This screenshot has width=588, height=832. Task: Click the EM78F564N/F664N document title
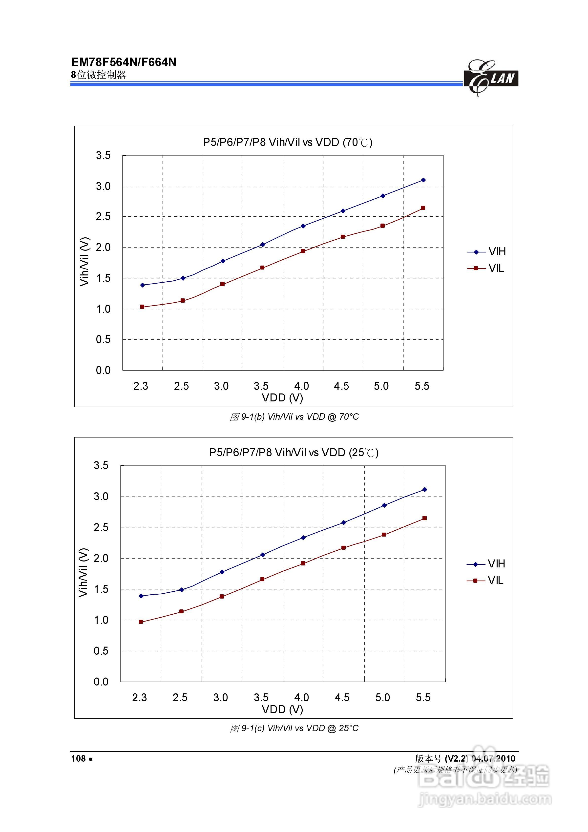pyautogui.click(x=124, y=62)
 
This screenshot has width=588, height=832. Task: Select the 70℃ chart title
pyautogui.click(x=288, y=142)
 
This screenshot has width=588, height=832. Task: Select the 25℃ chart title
pyautogui.click(x=294, y=453)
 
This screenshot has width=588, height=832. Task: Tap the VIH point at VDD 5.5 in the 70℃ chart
pyautogui.click(x=423, y=180)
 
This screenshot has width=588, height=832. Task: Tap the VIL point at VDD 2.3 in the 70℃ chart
pyautogui.click(x=142, y=307)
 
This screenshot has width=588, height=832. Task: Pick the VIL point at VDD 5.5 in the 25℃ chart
pyautogui.click(x=424, y=518)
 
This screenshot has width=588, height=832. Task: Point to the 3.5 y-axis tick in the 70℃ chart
pyautogui.click(x=103, y=155)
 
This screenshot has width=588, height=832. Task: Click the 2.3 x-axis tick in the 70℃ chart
pyautogui.click(x=141, y=386)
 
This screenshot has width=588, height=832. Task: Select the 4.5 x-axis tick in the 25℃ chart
pyautogui.click(x=342, y=698)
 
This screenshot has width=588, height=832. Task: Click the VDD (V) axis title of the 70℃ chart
pyautogui.click(x=282, y=398)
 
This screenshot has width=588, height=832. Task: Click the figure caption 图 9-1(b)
pyautogui.click(x=294, y=417)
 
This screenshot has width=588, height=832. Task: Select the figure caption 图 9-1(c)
pyautogui.click(x=294, y=728)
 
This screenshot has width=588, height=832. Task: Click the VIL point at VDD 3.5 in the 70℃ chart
pyautogui.click(x=262, y=268)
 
